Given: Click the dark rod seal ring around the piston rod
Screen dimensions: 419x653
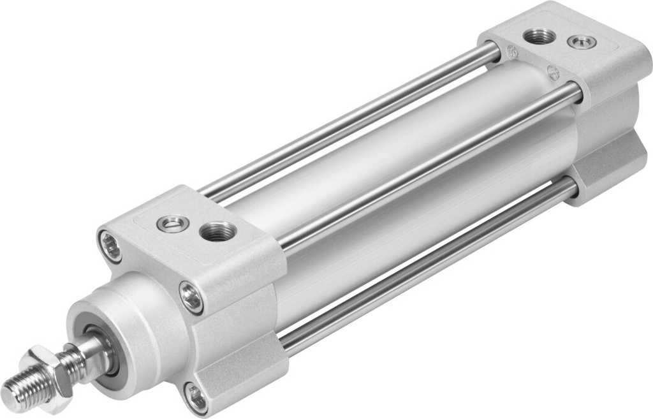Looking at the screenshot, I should pos(102,348).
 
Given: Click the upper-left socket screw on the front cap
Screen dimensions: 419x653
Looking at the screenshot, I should pos(110,246).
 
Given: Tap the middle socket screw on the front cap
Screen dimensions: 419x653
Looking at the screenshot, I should pos(191,297).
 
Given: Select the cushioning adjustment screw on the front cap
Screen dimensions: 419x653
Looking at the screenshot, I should pos(173,223).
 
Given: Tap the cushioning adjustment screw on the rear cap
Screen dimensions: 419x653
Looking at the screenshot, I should pos(582,43).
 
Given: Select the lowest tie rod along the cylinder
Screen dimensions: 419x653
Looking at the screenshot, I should pos(427,268).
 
